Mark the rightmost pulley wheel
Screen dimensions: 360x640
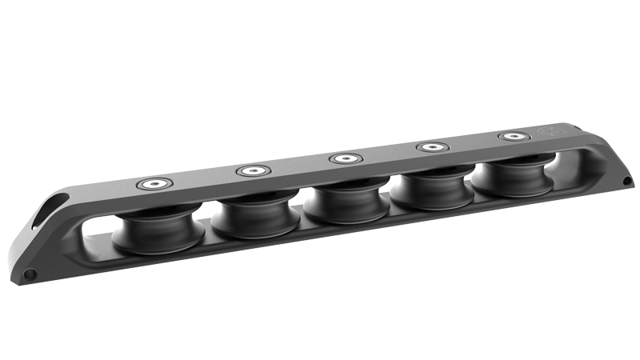510,181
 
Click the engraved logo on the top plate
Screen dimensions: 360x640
551,130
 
